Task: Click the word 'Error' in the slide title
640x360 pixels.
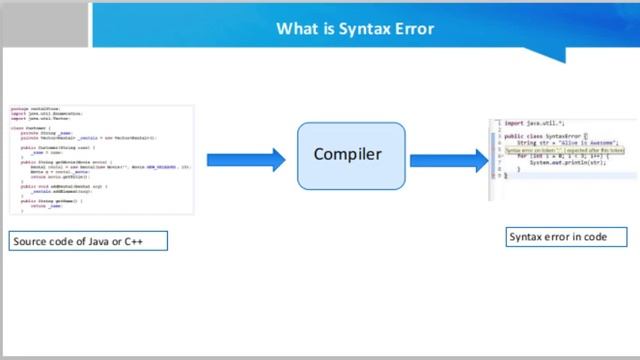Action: [414, 28]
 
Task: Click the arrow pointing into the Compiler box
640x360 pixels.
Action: [245, 160]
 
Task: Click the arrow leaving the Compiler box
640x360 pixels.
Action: [447, 160]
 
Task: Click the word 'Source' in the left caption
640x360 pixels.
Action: [30, 242]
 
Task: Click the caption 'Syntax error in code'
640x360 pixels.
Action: [566, 237]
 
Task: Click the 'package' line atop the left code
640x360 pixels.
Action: [40, 109]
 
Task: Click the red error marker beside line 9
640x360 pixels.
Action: [492, 175]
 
